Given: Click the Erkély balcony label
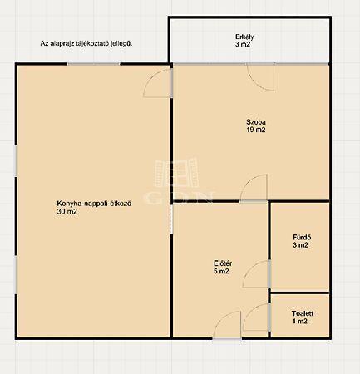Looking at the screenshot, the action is (244, 37).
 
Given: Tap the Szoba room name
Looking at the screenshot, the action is (256, 122).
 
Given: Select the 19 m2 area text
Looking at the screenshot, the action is (256, 130).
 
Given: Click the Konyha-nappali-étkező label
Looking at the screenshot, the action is (94, 204).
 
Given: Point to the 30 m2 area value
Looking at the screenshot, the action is (67, 212).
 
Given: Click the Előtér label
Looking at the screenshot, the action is (223, 263).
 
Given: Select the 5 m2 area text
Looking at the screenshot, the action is (221, 271).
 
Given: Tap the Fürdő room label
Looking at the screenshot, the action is (302, 238).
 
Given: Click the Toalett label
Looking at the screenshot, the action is (303, 313).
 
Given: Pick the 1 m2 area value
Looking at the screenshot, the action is (299, 322).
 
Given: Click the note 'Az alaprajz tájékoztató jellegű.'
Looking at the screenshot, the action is (86, 44).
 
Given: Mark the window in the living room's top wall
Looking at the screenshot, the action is (94, 64).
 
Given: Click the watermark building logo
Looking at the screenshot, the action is (176, 173).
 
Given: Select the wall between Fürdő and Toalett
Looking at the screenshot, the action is (299, 293).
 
